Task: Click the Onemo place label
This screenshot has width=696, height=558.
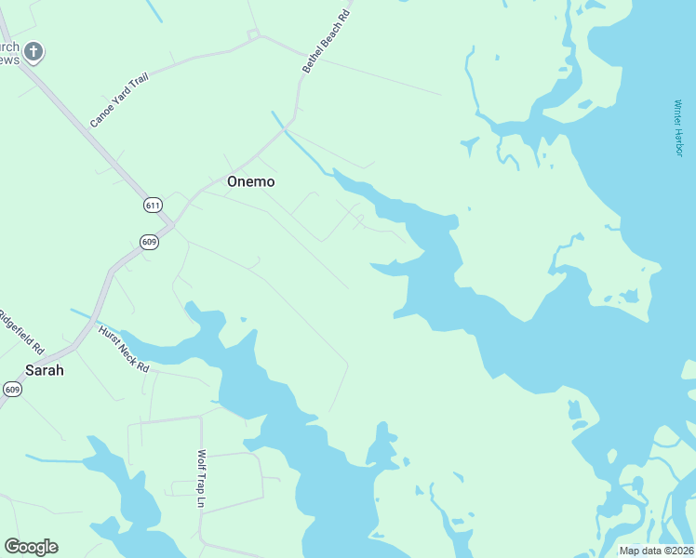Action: click(251, 182)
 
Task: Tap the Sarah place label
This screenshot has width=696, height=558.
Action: click(45, 370)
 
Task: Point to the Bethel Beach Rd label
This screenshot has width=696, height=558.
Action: click(326, 42)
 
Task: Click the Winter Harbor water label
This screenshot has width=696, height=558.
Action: click(679, 128)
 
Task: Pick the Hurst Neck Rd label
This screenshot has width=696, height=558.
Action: click(123, 348)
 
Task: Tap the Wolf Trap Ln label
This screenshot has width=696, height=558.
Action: click(201, 480)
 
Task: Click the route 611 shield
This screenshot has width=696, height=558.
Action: click(154, 205)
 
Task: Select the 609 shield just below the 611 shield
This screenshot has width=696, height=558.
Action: click(149, 242)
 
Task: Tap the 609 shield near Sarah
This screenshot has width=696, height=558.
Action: click(11, 389)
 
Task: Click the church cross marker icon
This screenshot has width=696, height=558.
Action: click(33, 51)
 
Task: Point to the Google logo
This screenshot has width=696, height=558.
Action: click(31, 547)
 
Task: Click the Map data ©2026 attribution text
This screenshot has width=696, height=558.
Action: click(656, 551)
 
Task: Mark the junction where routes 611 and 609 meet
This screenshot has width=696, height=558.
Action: click(171, 225)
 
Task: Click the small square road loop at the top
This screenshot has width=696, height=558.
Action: click(252, 34)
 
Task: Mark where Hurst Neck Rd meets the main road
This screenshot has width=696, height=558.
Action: click(78, 344)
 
